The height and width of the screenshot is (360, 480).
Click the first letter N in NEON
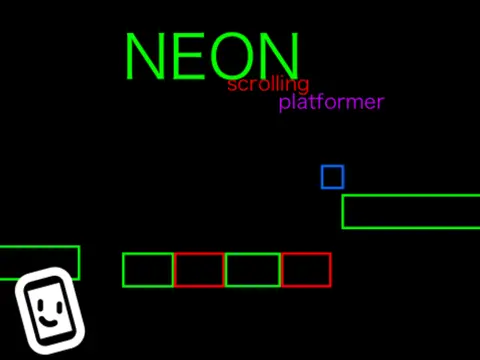click(144, 57)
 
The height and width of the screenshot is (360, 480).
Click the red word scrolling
click(268, 84)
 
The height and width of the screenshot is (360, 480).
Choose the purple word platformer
click(331, 102)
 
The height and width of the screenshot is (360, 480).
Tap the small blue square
click(332, 177)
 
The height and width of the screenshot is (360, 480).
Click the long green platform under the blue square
click(411, 211)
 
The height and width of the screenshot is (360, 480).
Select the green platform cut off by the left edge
click(39, 262)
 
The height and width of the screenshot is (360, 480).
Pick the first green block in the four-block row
click(148, 270)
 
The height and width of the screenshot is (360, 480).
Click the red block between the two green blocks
click(199, 270)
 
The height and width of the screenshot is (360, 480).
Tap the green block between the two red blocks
click(252, 270)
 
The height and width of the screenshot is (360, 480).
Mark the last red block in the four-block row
click(305, 270)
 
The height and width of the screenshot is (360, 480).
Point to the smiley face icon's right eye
click(57, 300)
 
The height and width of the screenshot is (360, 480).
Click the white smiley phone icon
click(50, 311)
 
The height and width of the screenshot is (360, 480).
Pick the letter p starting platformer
click(285, 104)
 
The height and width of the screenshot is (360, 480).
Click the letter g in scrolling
click(303, 87)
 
